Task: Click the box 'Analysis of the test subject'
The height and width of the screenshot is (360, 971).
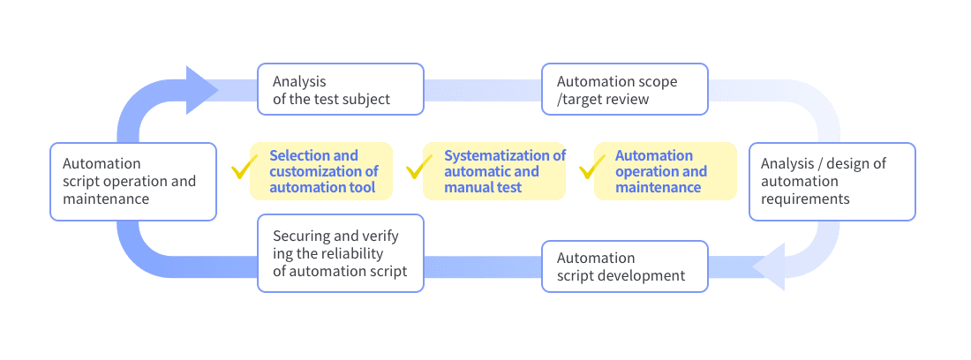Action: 341,89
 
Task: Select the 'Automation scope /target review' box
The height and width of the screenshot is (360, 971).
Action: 625,89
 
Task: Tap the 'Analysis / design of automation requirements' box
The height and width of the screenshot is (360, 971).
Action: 832,182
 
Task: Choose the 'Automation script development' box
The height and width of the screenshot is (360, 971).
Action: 625,266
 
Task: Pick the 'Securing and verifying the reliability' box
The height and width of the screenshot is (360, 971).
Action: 341,253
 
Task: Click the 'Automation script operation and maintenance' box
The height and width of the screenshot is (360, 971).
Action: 133,182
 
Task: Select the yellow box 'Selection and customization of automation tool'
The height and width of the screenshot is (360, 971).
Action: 320,171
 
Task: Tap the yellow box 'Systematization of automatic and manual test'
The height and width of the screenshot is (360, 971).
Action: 494,171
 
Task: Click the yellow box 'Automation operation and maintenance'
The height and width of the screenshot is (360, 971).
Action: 666,171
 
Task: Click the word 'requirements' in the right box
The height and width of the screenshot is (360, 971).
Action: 805,199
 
